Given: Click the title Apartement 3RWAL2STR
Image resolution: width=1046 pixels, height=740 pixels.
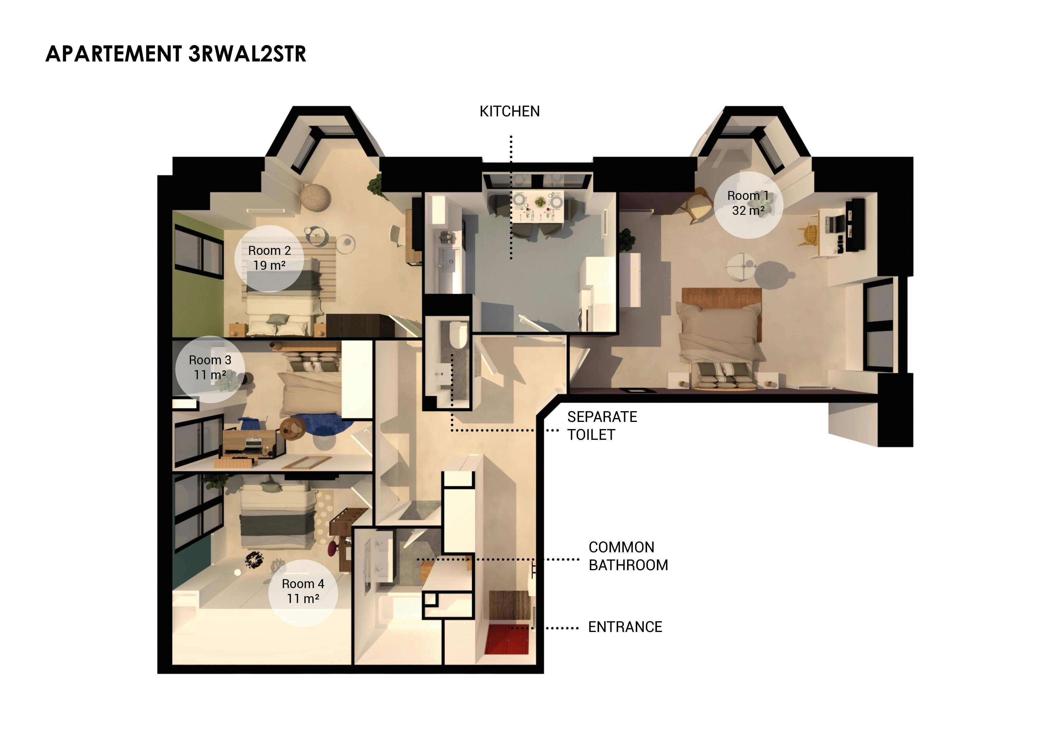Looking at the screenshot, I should point(176,54).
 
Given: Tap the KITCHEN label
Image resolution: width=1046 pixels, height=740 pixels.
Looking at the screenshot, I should point(509,111).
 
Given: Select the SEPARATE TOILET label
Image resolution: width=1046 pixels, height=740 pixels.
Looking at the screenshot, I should point(601,425).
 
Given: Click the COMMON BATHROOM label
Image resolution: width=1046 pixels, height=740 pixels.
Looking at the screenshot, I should point(628,556).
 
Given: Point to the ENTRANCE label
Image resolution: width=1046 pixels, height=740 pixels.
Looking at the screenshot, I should point(625,627).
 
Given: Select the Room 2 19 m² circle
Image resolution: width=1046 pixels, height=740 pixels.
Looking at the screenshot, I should point(269,258).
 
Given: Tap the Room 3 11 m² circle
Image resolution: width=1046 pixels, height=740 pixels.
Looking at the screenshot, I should point(210,369).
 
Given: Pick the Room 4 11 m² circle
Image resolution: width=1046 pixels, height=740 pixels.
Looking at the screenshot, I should point(303,592).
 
